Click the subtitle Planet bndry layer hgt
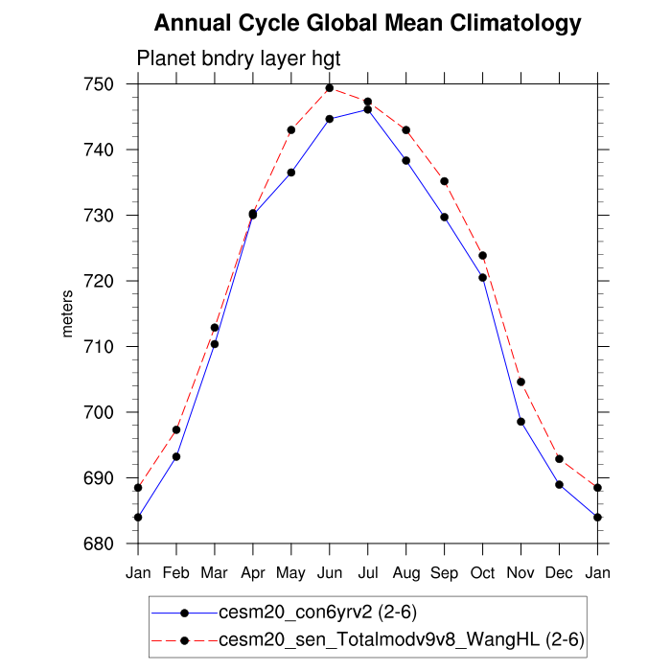pos(239,58)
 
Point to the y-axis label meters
pos(67,314)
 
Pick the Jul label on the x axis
pos(368,572)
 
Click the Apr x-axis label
pos(253,572)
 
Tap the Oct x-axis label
pos(483,572)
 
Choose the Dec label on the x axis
pos(560,572)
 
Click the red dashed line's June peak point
pos(330,88)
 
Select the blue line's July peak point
pos(368,109)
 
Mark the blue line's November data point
pos(521,422)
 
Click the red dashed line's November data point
pos(521,382)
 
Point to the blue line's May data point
pos(291,173)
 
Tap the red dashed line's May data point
pos(291,129)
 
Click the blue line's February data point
pos(176,456)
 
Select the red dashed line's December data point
pos(560,459)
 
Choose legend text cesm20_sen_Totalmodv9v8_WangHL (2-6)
pos(402,637)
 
